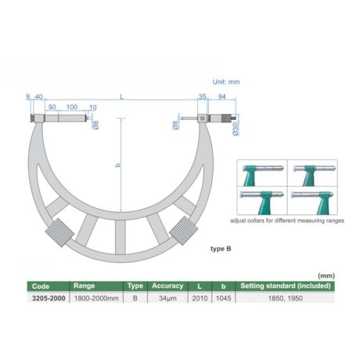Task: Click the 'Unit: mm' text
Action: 228,81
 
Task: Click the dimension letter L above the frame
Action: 121,97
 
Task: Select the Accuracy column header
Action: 167,286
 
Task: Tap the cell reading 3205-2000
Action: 47,297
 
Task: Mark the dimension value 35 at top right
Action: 201,98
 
